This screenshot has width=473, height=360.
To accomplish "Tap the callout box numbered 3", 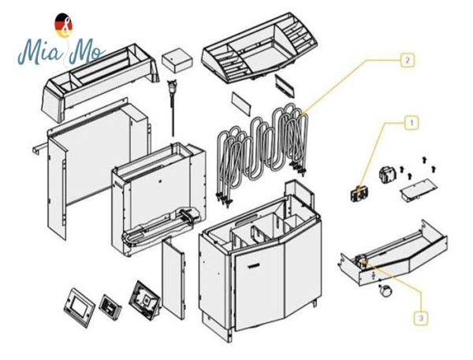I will (x=422, y=317).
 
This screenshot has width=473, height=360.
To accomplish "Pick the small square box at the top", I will (x=176, y=61).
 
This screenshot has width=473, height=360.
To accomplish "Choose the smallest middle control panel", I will (x=110, y=302).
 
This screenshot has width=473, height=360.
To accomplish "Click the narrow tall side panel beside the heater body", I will (x=173, y=280).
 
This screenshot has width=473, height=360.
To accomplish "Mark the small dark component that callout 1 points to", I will (x=359, y=191).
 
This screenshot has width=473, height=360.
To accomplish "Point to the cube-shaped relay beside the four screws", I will (x=388, y=175).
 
